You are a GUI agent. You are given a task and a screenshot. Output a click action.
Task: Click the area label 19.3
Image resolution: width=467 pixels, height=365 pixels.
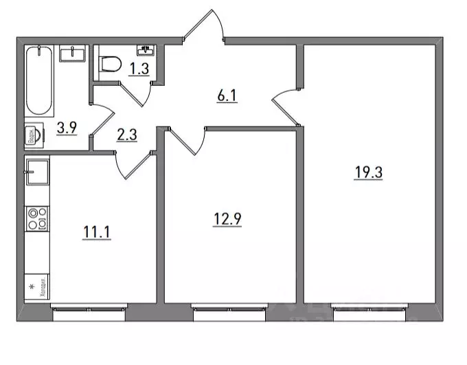368,173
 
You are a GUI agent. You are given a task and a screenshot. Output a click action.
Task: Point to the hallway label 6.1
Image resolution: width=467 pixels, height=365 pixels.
227,96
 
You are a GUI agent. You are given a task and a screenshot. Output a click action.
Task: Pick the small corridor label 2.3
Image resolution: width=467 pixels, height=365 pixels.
128,135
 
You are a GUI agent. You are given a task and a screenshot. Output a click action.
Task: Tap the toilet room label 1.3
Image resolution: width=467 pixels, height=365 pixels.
141,67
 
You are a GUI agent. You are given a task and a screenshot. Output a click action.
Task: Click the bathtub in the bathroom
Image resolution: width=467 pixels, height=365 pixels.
41,80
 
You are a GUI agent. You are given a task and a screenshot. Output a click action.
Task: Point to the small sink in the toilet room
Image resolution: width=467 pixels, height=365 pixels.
146,50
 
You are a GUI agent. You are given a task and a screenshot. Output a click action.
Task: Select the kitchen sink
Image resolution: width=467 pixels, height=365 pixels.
37,171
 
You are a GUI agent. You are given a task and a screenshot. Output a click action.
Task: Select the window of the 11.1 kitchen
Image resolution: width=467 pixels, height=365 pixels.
89,309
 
